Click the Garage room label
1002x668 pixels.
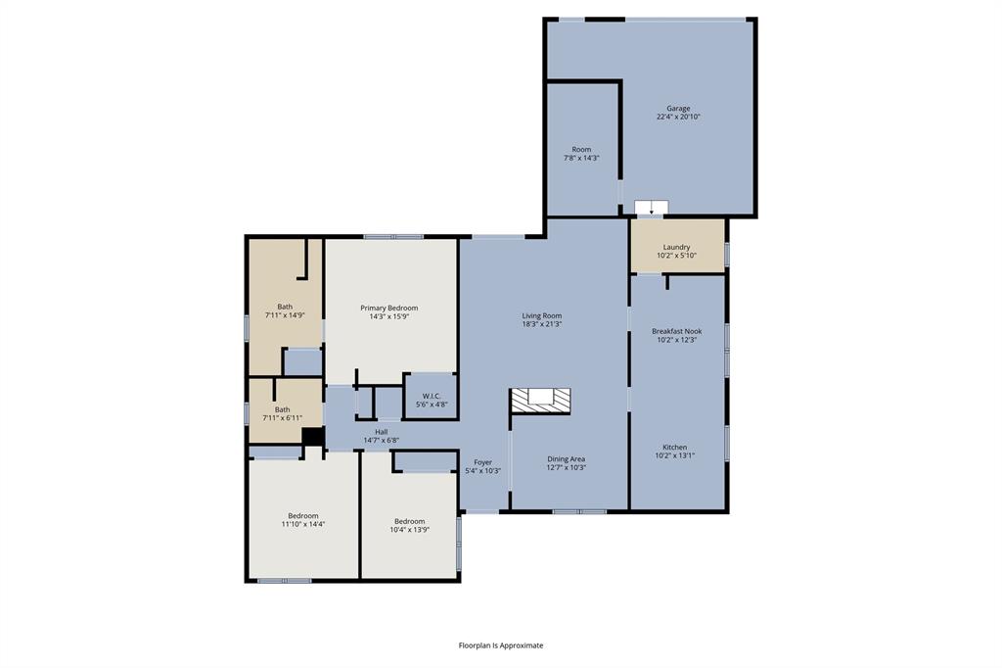tap(678, 109)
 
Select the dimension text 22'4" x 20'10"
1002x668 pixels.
tap(678, 118)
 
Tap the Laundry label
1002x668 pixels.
tap(676, 247)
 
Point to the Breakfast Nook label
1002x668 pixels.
tap(676, 331)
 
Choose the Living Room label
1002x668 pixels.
tap(541, 315)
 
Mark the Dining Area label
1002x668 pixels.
tap(566, 458)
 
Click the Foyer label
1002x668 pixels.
tap(483, 462)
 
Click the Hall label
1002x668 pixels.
tap(382, 432)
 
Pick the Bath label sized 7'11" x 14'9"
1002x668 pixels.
tap(285, 307)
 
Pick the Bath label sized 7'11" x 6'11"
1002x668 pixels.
tap(282, 409)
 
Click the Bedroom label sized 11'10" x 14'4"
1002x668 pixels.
tap(302, 516)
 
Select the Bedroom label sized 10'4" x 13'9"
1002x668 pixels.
tap(409, 521)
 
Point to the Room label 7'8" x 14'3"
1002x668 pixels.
tap(581, 150)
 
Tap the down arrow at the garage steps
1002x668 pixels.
tap(651, 208)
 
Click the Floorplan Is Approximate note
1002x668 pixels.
tap(501, 645)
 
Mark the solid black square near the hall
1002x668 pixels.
tap(312, 438)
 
